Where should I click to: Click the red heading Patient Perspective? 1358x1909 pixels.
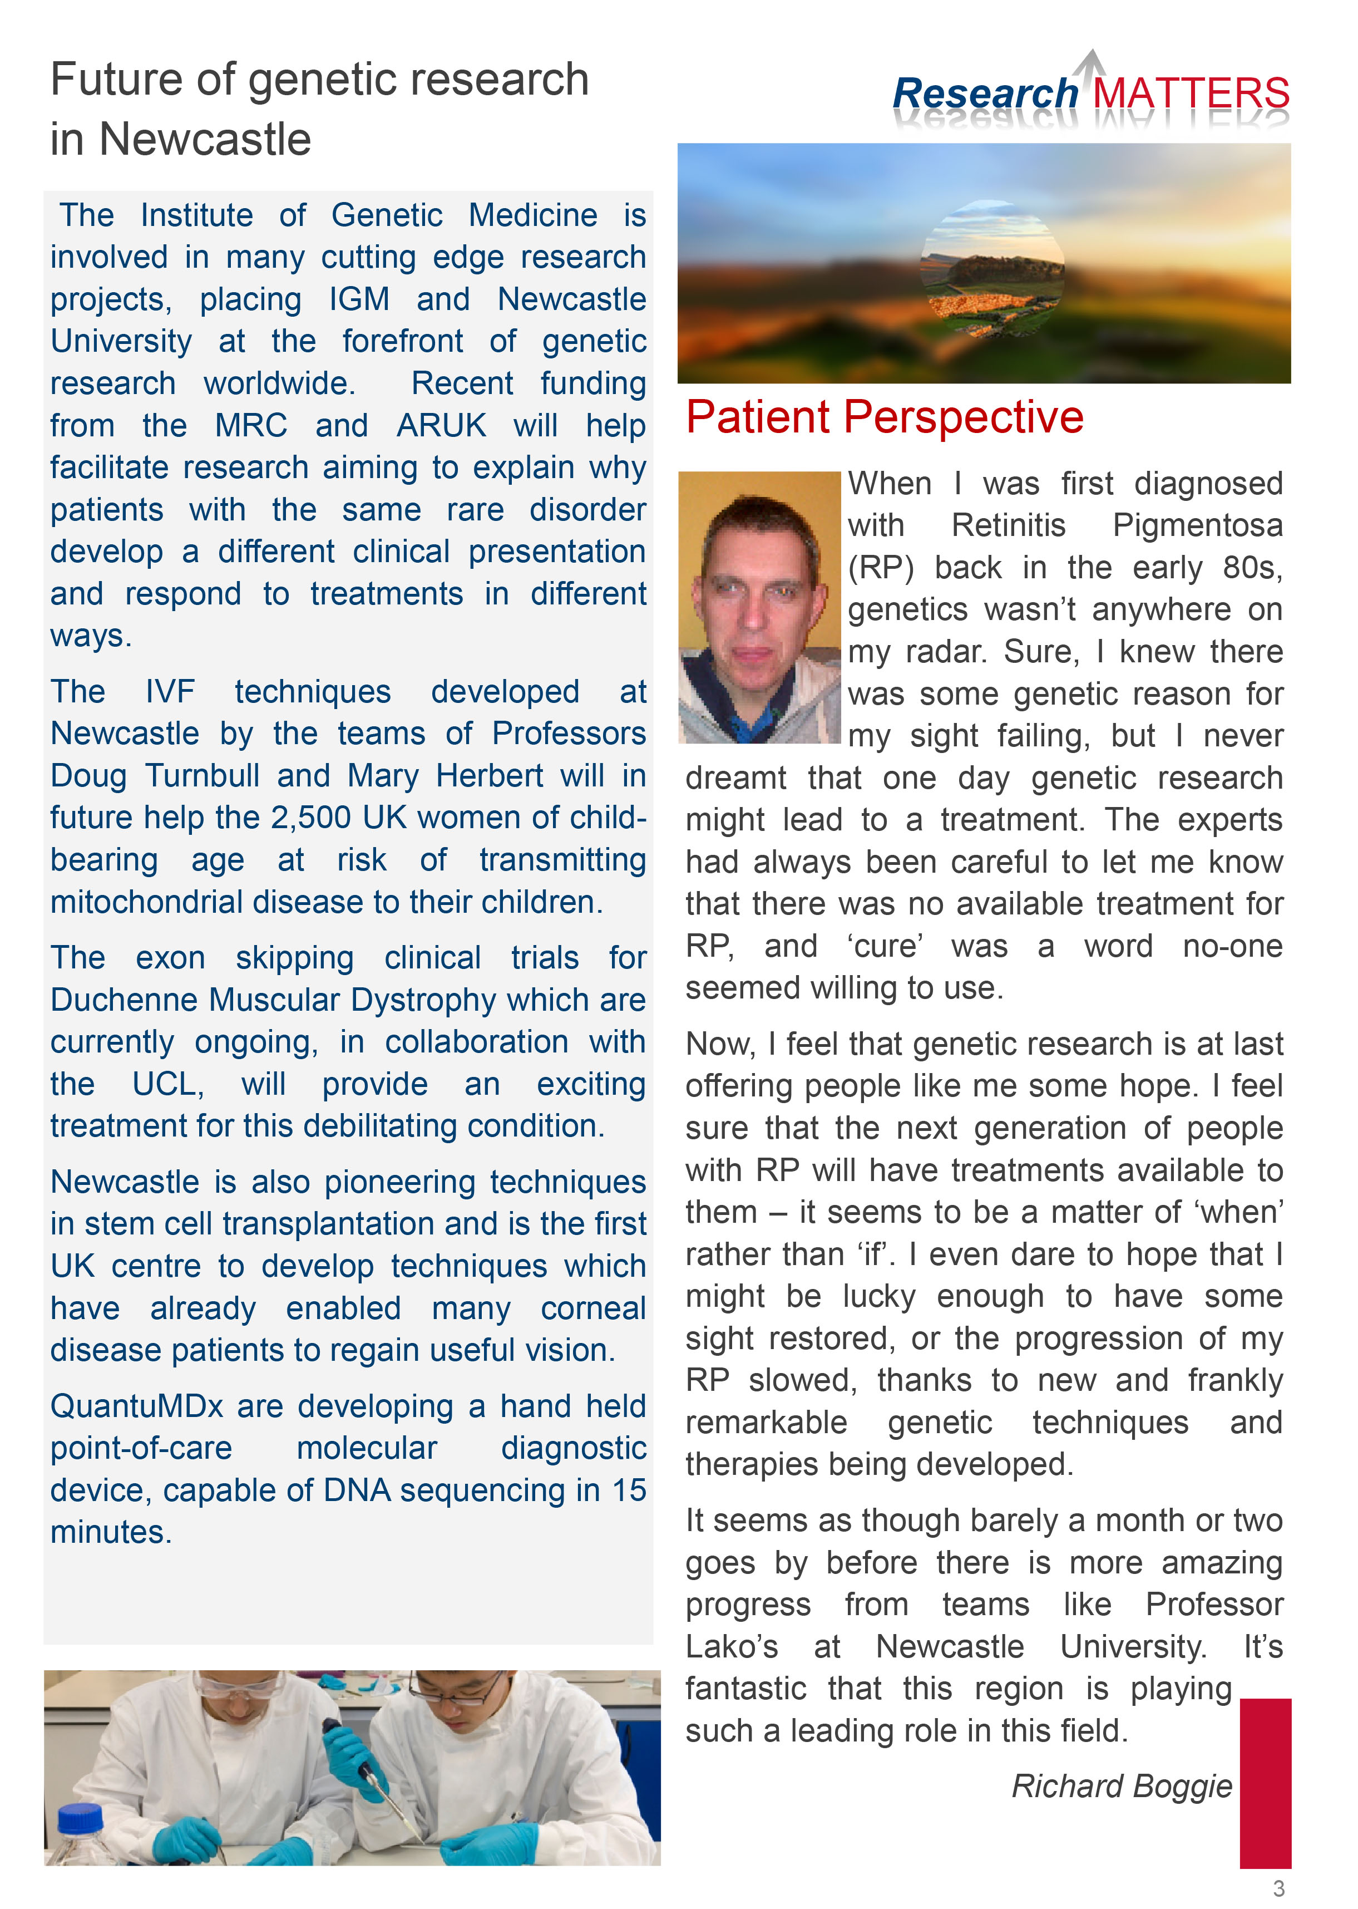[884, 417]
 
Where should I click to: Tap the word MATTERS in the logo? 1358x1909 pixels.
[1190, 94]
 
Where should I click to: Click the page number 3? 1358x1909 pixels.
[1278, 1888]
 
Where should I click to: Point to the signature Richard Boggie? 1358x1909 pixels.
[1122, 1786]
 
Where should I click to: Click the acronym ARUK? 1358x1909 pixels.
[441, 425]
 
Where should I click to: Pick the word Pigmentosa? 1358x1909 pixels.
[1197, 525]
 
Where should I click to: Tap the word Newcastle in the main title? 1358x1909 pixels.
[205, 139]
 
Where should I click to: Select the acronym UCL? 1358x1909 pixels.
[168, 1084]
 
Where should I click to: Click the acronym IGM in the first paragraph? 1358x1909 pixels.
[359, 299]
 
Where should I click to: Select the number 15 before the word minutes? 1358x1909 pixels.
[628, 1490]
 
